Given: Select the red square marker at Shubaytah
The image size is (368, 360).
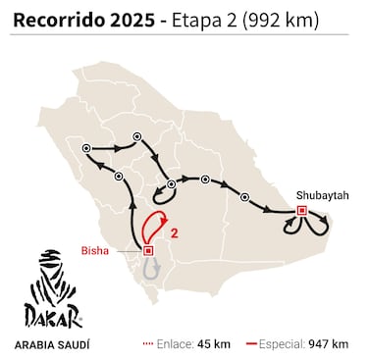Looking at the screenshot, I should [301, 210].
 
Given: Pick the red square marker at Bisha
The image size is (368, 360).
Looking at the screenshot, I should [147, 251].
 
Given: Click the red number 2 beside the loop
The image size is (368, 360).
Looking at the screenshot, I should [174, 233].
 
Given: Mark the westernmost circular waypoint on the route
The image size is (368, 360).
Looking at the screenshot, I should [87, 148].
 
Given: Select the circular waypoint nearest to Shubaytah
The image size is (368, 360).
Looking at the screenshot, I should [243, 194].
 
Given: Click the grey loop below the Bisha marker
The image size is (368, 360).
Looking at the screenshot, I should [149, 268].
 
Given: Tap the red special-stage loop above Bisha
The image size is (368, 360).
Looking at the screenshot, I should [151, 227].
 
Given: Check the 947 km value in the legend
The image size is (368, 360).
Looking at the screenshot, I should [332, 344].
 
